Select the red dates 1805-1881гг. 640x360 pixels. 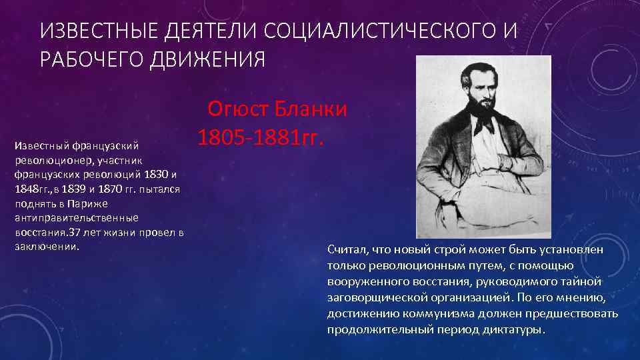(261, 137)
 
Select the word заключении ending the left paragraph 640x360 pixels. (46, 247)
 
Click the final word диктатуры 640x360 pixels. (513, 329)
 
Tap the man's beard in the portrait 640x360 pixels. (477, 119)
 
